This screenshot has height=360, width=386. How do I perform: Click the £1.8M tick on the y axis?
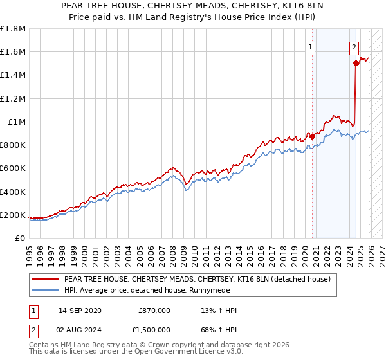[13, 29]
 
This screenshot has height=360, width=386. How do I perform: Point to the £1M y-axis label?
[16, 122]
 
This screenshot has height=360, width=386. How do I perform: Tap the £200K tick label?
[13, 215]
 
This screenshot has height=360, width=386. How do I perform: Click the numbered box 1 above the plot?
[311, 46]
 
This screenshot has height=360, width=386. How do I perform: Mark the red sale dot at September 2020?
[312, 136]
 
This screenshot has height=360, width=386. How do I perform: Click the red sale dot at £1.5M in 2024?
[355, 63]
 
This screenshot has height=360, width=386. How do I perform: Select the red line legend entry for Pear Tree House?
[197, 279]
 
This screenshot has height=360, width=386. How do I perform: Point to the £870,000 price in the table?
[154, 310]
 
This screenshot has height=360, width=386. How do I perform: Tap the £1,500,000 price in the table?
[152, 332]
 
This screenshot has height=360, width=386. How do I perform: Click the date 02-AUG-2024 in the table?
[79, 332]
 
